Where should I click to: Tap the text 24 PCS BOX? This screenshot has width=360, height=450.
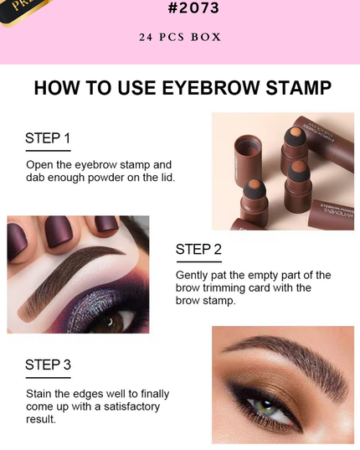pyautogui.click(x=180, y=37)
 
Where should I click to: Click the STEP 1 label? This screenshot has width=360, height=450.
pyautogui.click(x=48, y=138)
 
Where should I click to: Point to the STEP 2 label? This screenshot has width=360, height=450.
pyautogui.click(x=198, y=249)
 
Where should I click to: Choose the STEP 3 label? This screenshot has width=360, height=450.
pyautogui.click(x=48, y=365)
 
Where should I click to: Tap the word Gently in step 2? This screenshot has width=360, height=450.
pyautogui.click(x=193, y=275)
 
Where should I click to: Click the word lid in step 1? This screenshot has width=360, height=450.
pyautogui.click(x=173, y=178)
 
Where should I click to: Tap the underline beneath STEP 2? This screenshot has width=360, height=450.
pyautogui.click(x=198, y=261)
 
